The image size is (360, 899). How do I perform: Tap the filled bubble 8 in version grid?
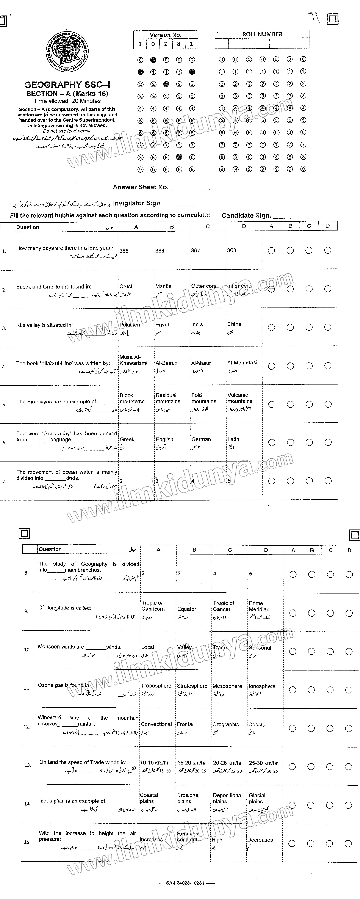tap(179, 157)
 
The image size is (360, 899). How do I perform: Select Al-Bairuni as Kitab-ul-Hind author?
tap(167, 363)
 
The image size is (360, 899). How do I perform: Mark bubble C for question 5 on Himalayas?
tap(309, 404)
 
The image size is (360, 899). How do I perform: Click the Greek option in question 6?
tap(127, 439)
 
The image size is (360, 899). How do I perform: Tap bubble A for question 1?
tap(271, 251)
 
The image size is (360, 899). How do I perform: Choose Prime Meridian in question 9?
tap(259, 606)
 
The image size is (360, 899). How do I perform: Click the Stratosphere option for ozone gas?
tap(192, 686)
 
